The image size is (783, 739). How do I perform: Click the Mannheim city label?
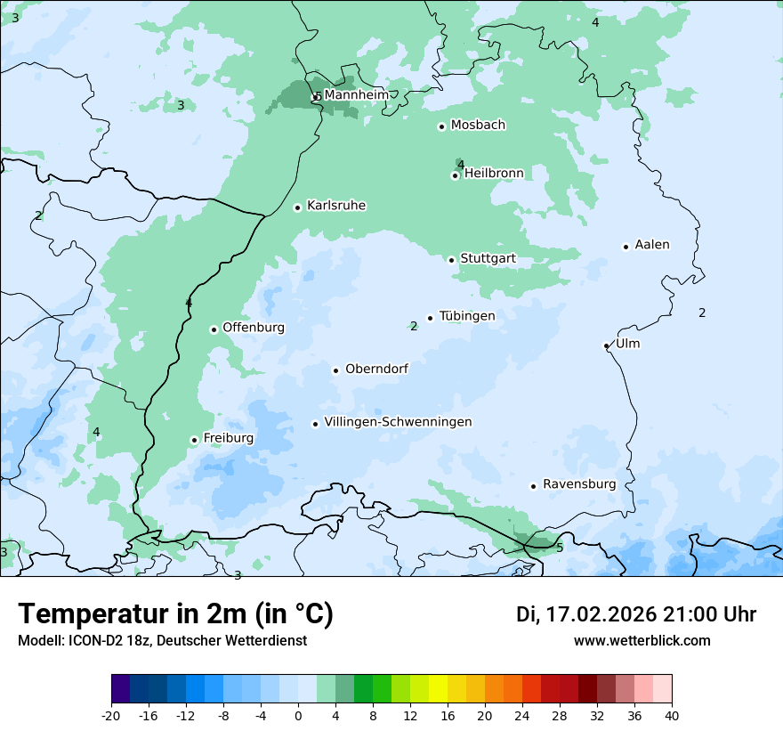coord(356,94)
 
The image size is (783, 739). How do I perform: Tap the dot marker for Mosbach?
coord(441,126)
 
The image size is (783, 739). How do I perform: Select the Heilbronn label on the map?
coord(494,173)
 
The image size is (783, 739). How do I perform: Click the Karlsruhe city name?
coord(336,206)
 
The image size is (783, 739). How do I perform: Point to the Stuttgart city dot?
coord(451,260)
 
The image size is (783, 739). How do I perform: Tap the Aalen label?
coord(652,245)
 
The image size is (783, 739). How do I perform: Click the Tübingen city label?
coord(467,316)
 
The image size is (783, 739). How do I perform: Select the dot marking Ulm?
coord(606,345)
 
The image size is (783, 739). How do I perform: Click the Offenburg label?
coord(254,328)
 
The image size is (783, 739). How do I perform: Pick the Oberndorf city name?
coord(376,369)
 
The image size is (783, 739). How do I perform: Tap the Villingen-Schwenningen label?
coord(398,422)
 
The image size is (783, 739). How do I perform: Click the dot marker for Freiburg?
coord(194,440)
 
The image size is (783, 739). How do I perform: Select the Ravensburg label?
coord(579,484)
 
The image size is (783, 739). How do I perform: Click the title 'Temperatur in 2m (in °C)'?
coord(175,614)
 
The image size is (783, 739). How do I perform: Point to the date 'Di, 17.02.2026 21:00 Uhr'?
coord(636,614)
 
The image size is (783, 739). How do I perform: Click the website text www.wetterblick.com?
coord(642,640)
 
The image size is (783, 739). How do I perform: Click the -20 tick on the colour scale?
coord(111,716)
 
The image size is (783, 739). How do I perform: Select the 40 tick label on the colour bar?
coord(672,716)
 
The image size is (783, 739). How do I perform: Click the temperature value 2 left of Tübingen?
coord(414,326)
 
